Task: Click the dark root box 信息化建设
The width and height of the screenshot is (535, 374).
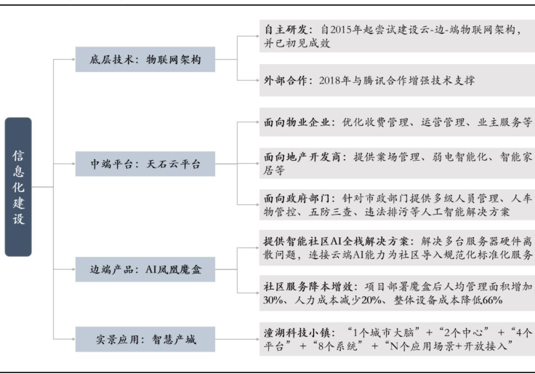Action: click(x=18, y=186)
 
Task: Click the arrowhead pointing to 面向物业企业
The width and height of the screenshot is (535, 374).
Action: click(x=254, y=122)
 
